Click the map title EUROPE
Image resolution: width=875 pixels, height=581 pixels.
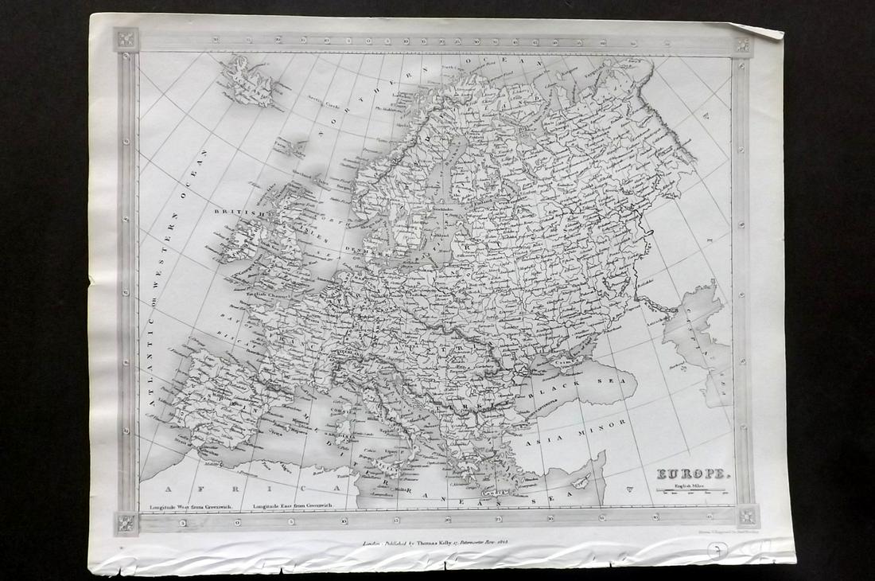[x=691, y=474]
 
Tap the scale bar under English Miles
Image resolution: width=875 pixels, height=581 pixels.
[x=690, y=491]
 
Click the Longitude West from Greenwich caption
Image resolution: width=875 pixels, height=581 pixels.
[x=188, y=506]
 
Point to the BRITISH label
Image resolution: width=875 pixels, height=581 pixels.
[x=233, y=213]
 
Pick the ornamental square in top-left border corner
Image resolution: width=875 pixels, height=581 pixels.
[x=126, y=40]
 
